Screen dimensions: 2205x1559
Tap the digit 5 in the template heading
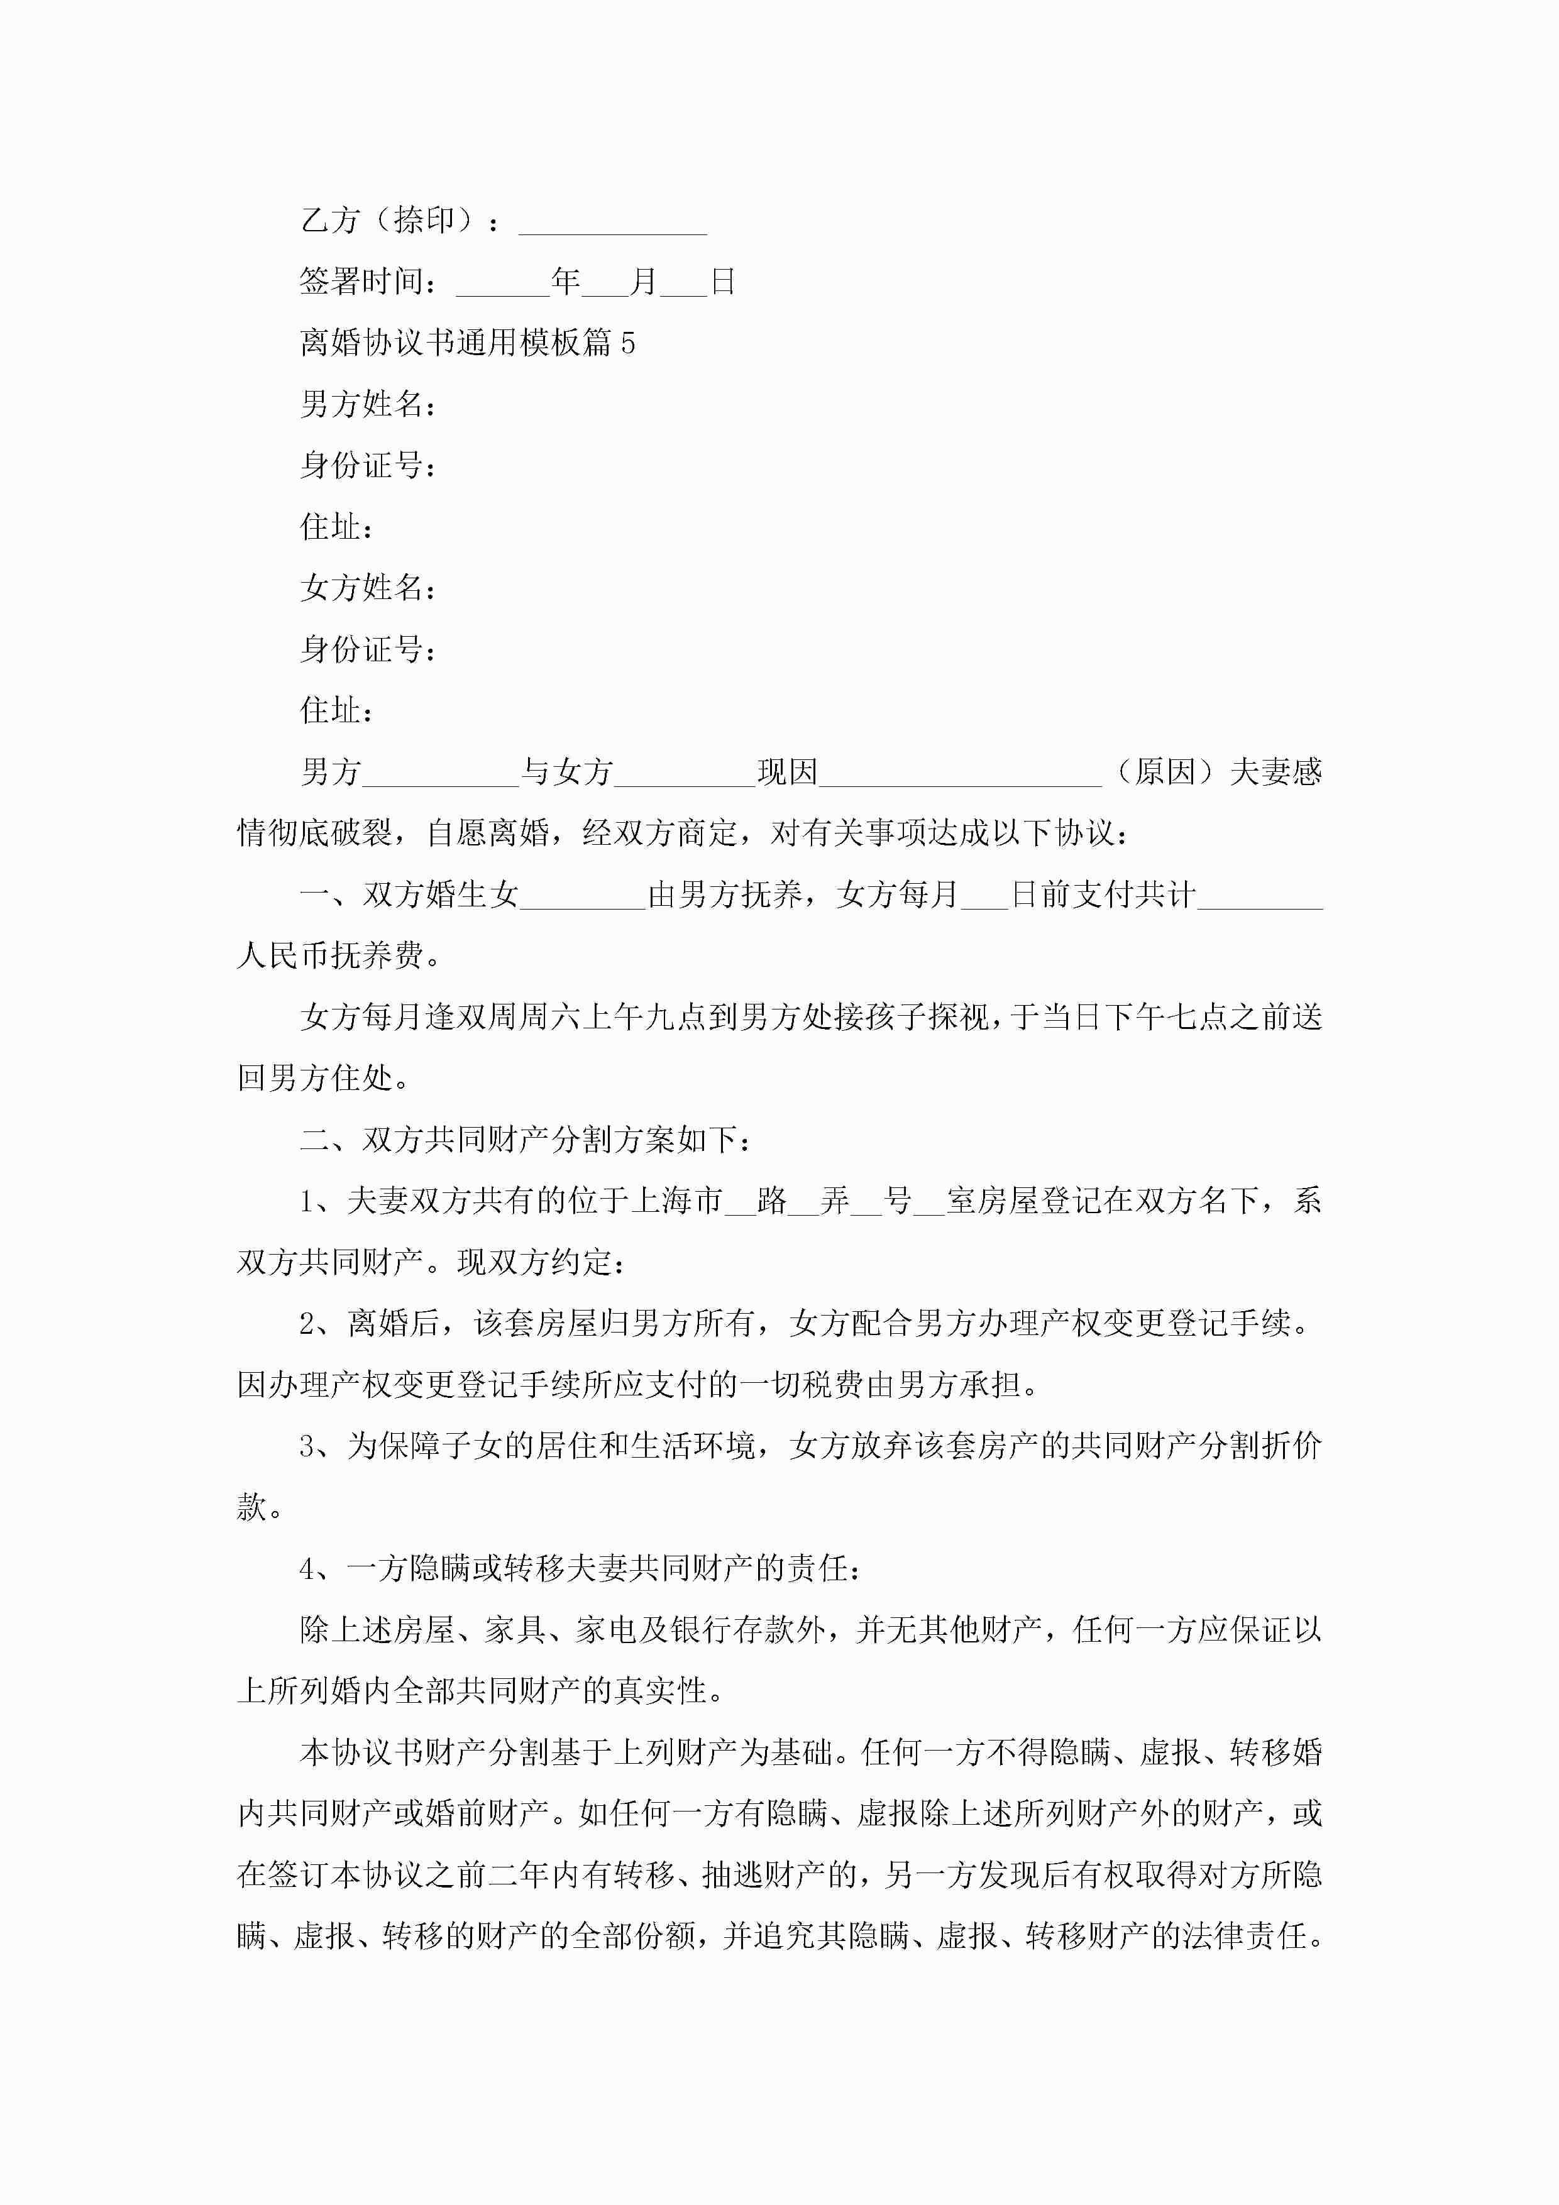click(x=627, y=343)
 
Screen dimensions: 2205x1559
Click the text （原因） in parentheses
click(x=1165, y=772)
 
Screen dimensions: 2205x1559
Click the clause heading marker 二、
click(x=329, y=1140)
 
